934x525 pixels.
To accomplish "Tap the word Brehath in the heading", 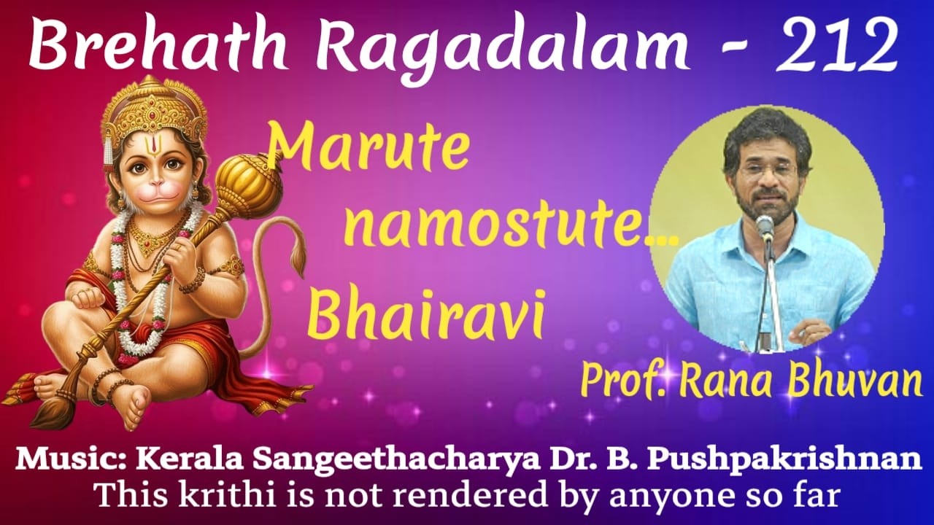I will click(150, 45).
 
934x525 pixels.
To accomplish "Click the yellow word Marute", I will click(369, 149).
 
